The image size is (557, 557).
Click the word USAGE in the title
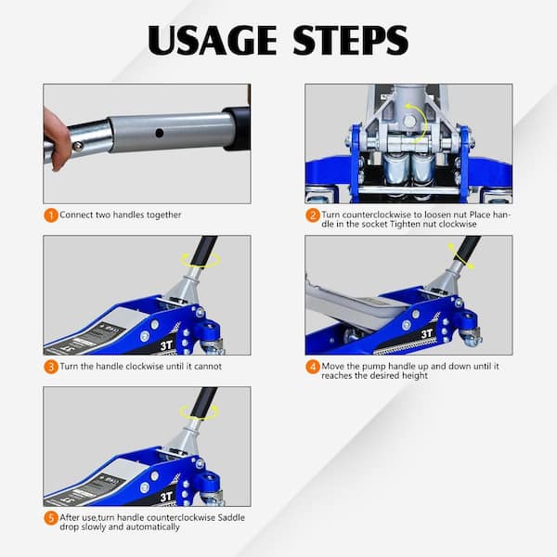212,40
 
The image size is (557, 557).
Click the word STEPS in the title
351,40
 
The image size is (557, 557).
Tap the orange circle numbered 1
51,215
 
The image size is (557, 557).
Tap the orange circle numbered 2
313,215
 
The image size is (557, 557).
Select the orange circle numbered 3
51,367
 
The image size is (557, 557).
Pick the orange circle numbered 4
313,367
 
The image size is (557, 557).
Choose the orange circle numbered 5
51,518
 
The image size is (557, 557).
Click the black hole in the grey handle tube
160,133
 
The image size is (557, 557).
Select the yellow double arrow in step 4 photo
460,256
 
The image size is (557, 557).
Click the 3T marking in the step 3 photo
166,345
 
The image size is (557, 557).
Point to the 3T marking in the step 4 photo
427,333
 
